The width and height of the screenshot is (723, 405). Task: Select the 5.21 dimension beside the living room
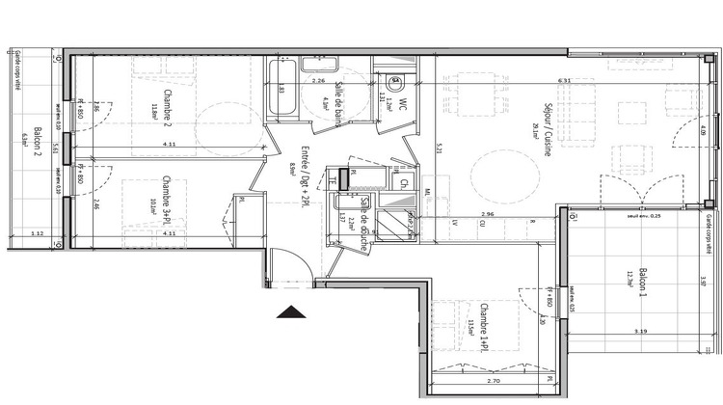440,148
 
